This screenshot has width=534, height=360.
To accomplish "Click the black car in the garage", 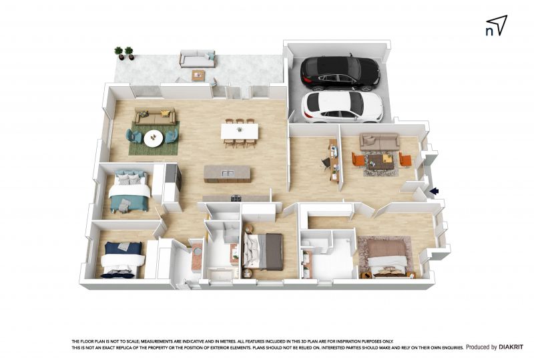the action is click(340, 73).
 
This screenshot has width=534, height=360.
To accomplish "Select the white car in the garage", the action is click(342, 107).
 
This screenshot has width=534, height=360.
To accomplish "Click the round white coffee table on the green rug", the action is click(154, 138).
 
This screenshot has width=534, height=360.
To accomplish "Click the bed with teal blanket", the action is click(129, 191).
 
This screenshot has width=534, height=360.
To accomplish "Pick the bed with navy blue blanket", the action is click(122, 259).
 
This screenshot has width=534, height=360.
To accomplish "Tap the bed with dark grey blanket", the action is click(262, 252).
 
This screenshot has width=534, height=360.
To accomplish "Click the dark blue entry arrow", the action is click(435, 192).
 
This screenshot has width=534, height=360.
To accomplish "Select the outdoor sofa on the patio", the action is click(198, 59).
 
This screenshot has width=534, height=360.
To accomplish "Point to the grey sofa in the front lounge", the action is click(379, 141).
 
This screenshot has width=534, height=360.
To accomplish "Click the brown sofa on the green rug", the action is click(156, 116).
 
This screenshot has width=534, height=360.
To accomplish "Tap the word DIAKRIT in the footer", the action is click(511, 347).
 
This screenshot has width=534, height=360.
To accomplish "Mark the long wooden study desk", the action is click(334, 160).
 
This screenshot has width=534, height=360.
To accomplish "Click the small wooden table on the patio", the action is click(198, 75).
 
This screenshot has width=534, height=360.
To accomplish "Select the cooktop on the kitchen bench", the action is click(236, 198).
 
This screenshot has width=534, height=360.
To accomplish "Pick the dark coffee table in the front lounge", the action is click(380, 161).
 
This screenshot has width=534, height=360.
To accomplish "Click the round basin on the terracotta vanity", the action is click(198, 251).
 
